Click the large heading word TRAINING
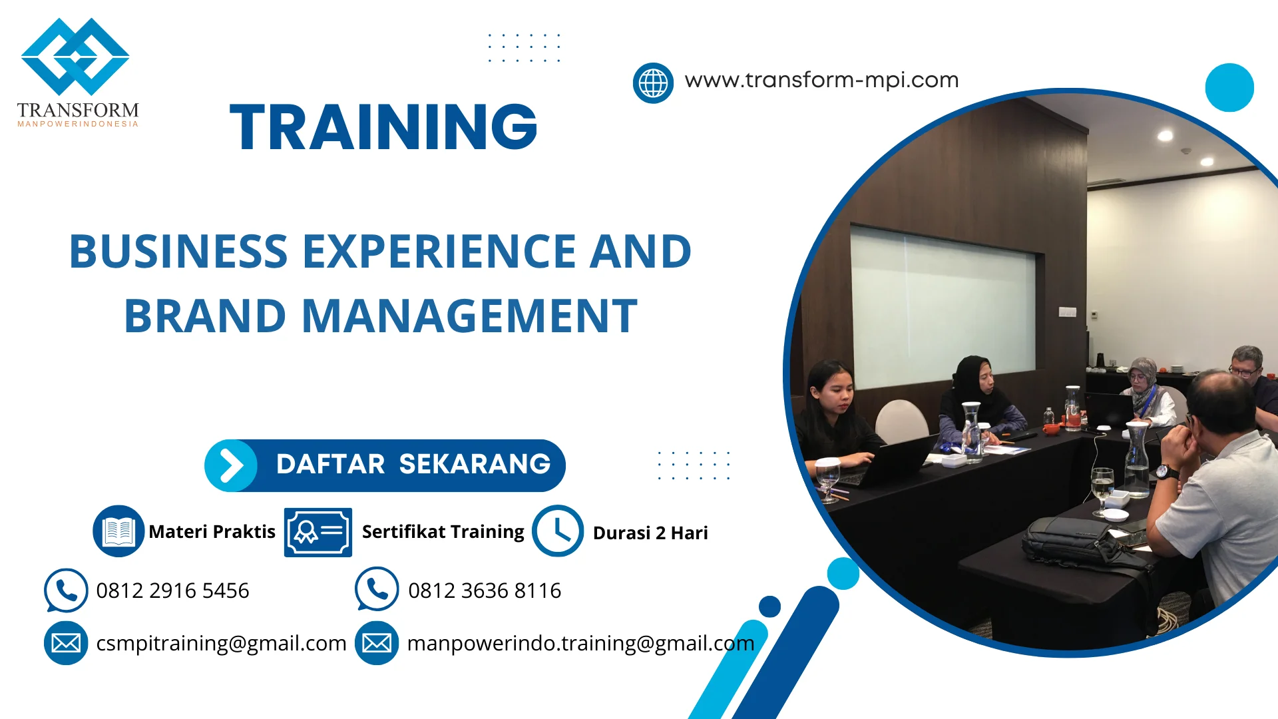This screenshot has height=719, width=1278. click(x=383, y=126)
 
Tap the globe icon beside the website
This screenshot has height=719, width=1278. click(x=653, y=83)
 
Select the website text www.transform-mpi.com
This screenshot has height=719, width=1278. click(x=821, y=80)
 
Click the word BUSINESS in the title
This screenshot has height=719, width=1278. click(x=178, y=252)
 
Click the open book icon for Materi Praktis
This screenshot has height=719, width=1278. click(x=118, y=531)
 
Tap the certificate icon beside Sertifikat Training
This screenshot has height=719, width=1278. click(x=318, y=532)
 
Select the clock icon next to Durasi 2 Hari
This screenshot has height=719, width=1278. click(x=558, y=531)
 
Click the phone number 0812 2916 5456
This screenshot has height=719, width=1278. click(x=172, y=591)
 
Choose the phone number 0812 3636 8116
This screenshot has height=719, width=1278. click(x=485, y=591)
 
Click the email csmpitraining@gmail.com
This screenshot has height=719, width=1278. click(x=221, y=643)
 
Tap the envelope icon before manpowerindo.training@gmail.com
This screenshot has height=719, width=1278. click(x=377, y=643)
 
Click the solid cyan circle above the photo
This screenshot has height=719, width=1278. click(x=1229, y=87)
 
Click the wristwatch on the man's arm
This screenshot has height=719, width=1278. click(x=1168, y=473)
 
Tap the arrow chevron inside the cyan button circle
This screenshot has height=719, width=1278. click(x=231, y=465)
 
